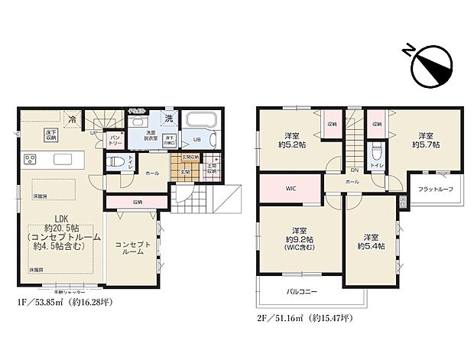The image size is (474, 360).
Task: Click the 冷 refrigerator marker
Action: click(x=72, y=120)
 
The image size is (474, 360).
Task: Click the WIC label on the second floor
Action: click(x=291, y=187)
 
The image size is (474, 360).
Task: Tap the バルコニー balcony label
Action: click(x=302, y=291)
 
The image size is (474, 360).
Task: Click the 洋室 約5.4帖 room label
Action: click(x=371, y=241)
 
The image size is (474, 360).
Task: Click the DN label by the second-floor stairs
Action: click(x=355, y=170)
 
